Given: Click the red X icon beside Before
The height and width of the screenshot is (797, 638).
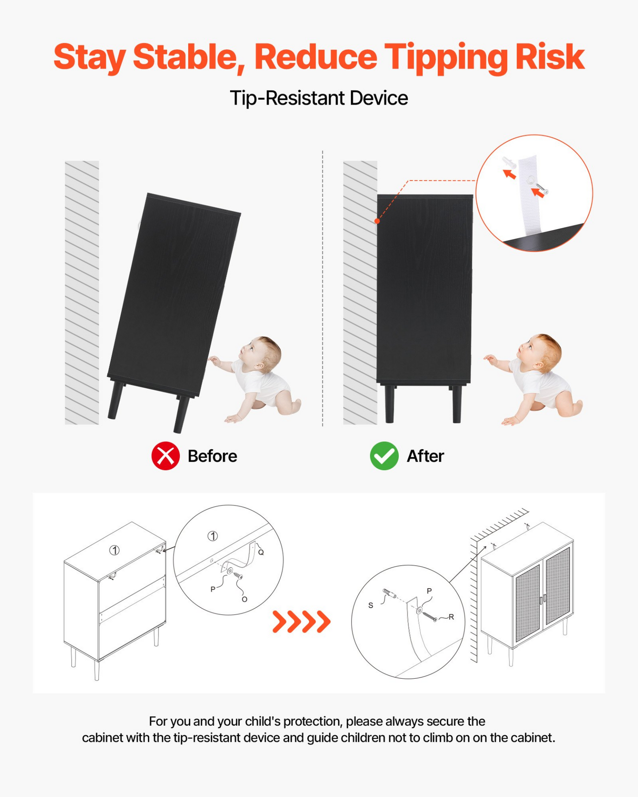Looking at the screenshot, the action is click(166, 456).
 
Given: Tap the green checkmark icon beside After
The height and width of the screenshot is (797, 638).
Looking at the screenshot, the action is click(384, 456).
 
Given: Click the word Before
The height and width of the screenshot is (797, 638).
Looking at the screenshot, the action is click(212, 456).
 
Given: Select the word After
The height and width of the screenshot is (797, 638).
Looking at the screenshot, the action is click(425, 456).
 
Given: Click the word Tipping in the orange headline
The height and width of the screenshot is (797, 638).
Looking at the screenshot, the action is click(446, 58).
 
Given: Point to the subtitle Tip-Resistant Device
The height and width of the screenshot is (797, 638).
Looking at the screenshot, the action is click(319, 98).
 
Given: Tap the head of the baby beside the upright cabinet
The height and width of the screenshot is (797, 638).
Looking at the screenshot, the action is click(540, 351).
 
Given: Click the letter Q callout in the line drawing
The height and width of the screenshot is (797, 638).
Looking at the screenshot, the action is click(261, 552).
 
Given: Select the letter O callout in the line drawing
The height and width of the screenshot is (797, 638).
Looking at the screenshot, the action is click(244, 599).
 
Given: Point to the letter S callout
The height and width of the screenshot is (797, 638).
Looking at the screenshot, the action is click(370, 605).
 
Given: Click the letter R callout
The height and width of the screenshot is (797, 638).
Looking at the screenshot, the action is click(451, 617).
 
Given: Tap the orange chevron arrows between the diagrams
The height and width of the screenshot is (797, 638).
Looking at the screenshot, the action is click(302, 622).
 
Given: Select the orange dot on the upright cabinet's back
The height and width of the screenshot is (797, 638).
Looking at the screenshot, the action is click(377, 221).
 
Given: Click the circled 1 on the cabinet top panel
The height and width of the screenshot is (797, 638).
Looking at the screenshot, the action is click(115, 550).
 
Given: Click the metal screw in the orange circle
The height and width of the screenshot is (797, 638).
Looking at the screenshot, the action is click(542, 189).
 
